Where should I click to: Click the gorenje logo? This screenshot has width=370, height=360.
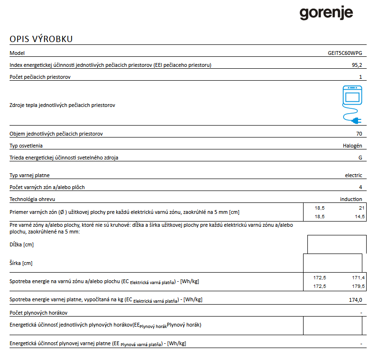pyautogui.click(x=326, y=13)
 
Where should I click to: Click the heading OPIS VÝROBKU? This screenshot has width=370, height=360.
pyautogui.click(x=41, y=39)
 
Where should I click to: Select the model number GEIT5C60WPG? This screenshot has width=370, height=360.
pyautogui.click(x=346, y=53)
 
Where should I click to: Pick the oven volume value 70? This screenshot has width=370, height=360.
pyautogui.click(x=359, y=134)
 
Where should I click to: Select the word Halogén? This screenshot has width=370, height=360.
pyautogui.click(x=352, y=145)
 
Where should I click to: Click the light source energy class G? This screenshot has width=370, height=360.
pyautogui.click(x=360, y=157)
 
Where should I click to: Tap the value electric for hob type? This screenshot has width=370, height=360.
pyautogui.click(x=353, y=175)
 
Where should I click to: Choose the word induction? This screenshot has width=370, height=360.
pyautogui.click(x=351, y=199)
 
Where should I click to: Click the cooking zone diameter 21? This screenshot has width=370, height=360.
pyautogui.click(x=361, y=208)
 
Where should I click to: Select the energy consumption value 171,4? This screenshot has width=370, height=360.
pyautogui.click(x=358, y=277)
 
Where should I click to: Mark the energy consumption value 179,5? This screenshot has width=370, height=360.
pyautogui.click(x=358, y=286)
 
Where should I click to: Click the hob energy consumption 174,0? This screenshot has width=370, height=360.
pyautogui.click(x=356, y=300)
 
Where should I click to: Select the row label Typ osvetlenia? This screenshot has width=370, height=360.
pyautogui.click(x=26, y=146)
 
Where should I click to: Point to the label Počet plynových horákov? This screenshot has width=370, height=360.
pyautogui.click(x=38, y=313)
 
